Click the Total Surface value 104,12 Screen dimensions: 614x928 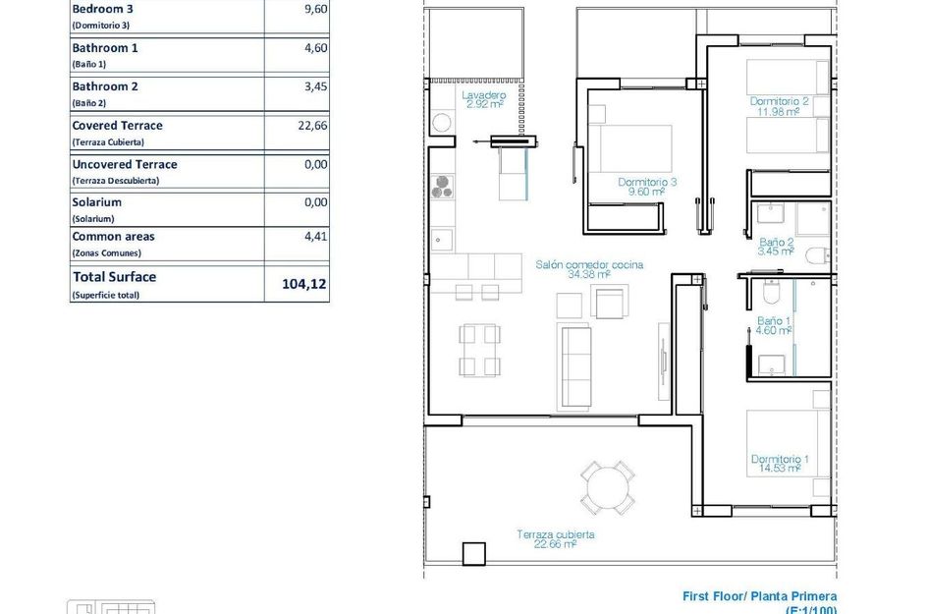tap(303, 284)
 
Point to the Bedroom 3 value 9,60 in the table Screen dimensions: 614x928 tap(315, 9)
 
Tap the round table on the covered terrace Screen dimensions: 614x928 tap(607, 486)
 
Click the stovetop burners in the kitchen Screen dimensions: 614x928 tap(443, 186)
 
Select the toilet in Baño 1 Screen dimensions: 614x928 tap(771, 292)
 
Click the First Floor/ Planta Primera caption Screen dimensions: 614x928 tap(759, 596)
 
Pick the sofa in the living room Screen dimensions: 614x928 tap(574, 366)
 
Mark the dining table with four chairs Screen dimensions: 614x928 tap(480, 351)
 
